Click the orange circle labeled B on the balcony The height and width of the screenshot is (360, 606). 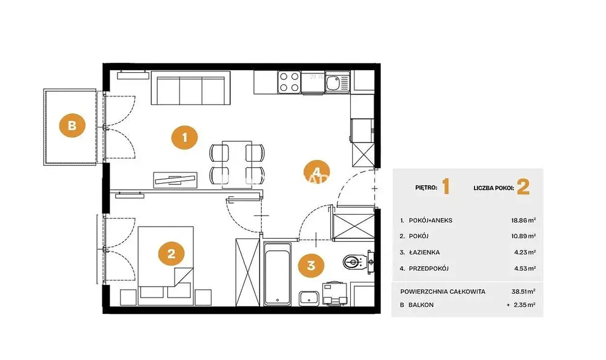tap(72, 125)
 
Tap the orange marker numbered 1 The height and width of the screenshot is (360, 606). tap(184, 137)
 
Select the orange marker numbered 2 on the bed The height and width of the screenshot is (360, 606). tap(171, 254)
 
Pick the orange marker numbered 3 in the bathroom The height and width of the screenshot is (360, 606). tap(311, 265)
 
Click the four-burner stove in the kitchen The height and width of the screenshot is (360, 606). tap(289, 82)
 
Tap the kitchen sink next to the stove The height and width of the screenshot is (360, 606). tap(338, 82)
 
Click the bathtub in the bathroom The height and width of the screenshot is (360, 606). tap(277, 274)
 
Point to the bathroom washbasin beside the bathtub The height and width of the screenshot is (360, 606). tap(309, 298)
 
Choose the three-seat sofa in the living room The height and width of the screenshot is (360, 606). tap(190, 88)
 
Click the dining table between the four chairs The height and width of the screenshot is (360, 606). tap(237, 165)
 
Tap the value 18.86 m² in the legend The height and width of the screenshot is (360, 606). tap(524, 221)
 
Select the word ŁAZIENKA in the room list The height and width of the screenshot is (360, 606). tap(424, 253)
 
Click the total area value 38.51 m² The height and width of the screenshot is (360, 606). tap(524, 292)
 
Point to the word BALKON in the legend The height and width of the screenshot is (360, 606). tap(421, 305)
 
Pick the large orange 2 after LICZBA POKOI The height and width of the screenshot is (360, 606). tap(524, 187)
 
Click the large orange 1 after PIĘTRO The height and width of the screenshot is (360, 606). tap(446, 187)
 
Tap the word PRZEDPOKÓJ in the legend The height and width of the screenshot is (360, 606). tap(428, 268)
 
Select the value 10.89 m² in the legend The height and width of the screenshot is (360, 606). tap(524, 236)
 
